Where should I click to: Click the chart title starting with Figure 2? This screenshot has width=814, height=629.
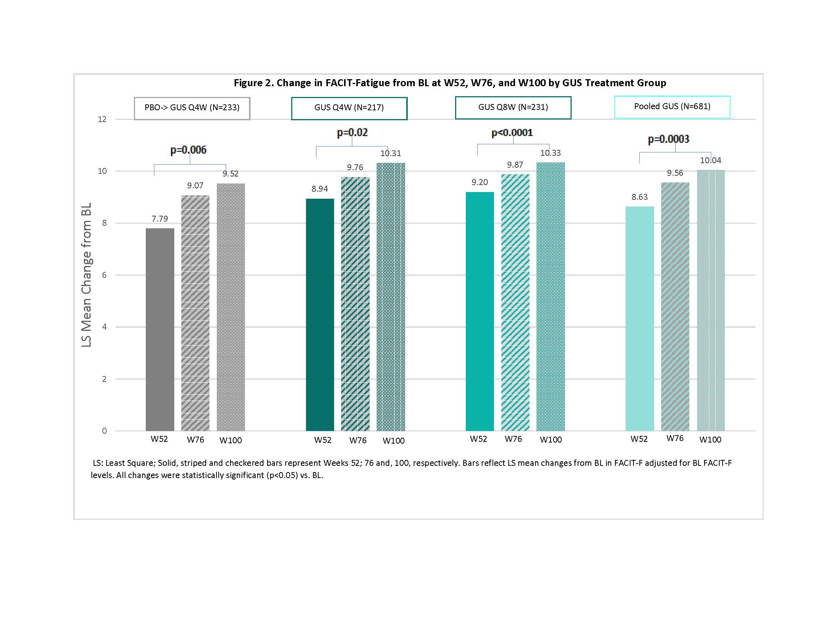[x=450, y=83]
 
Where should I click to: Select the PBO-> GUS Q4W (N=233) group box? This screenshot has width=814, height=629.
[x=192, y=108]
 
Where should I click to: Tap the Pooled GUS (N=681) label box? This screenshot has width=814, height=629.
[x=672, y=107]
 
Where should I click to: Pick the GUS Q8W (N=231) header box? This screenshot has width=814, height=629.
[x=513, y=108]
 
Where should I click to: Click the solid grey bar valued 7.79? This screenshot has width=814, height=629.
[x=160, y=329]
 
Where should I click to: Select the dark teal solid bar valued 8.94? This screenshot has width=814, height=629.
[x=320, y=315]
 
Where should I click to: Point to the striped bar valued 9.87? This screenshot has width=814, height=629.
[x=515, y=302]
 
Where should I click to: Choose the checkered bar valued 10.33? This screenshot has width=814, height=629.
[x=551, y=297]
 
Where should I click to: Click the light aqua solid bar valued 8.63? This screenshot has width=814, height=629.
[x=640, y=319]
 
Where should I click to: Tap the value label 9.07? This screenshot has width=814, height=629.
[x=195, y=186]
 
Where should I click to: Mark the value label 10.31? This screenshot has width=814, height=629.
[x=391, y=153]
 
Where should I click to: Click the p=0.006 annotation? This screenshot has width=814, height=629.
[x=188, y=150]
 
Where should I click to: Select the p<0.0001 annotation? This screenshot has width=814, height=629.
[x=512, y=133]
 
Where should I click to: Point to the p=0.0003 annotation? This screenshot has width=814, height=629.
[x=668, y=139]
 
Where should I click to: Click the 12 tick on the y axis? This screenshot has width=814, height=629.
[x=102, y=119]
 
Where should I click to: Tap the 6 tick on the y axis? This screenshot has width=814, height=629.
[x=104, y=275]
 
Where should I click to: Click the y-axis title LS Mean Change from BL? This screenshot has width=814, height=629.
[x=87, y=275]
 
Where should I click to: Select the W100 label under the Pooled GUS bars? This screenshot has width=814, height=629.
[x=710, y=440]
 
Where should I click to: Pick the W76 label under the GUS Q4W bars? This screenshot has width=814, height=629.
[x=358, y=440]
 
